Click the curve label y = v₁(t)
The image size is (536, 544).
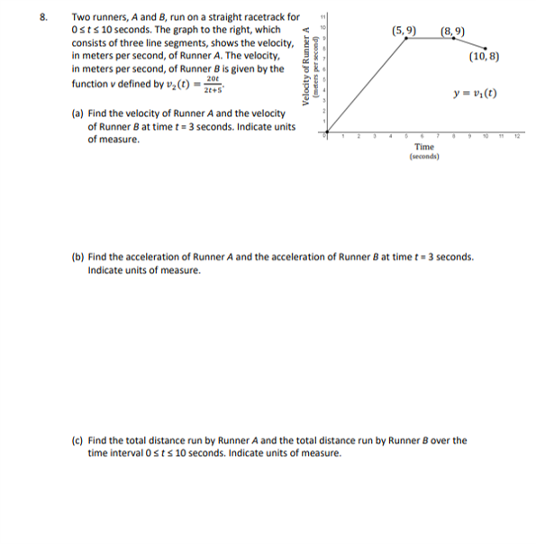coord(477,94)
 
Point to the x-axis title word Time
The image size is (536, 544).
coord(423,146)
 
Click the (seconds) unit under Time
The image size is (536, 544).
coord(423,156)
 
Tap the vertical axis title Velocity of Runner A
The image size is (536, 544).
coord(308,68)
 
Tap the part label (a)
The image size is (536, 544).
coord(78,114)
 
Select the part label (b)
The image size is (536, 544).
coord(78,257)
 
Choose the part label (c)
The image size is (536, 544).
coord(78,440)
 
